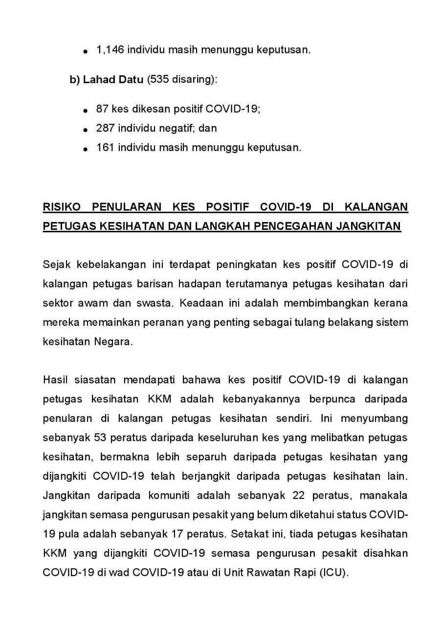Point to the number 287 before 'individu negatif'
point(106,129)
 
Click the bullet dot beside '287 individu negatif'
point(86,130)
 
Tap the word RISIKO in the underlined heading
point(60,207)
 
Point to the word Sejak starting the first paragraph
point(56,265)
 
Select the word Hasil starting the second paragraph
point(55,380)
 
